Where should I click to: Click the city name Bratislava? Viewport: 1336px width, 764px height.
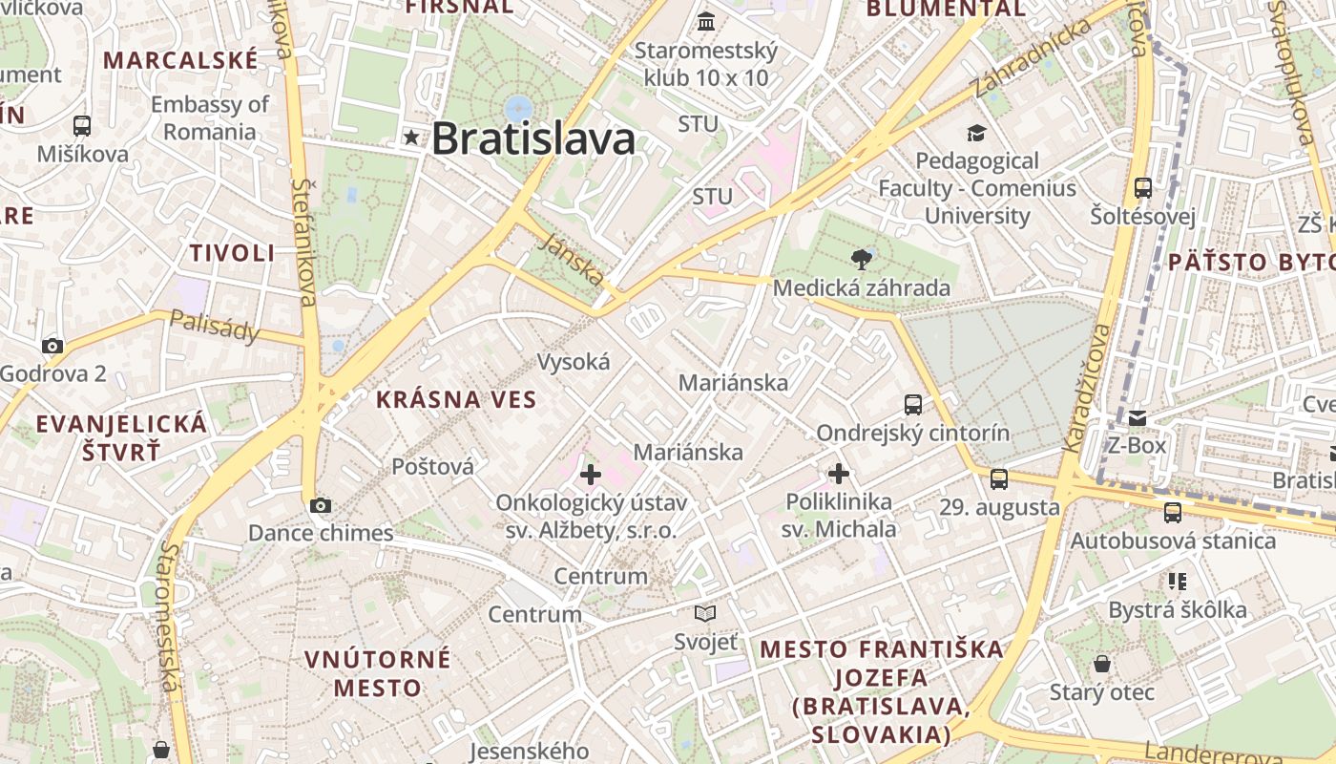[532, 139]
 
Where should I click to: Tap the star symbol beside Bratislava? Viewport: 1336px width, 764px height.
[411, 138]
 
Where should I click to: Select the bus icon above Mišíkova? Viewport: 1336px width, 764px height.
[82, 125]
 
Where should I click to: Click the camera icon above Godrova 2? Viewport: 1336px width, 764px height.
[52, 346]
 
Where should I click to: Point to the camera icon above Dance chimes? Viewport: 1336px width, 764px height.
[321, 505]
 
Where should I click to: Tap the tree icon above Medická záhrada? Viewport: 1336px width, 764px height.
[862, 258]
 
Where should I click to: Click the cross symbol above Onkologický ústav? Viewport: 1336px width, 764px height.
[591, 474]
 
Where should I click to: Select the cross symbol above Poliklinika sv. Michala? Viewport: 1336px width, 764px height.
[839, 473]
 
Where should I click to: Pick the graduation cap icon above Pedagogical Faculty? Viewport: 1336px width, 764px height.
[976, 133]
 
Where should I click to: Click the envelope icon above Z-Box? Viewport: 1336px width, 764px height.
[1138, 417]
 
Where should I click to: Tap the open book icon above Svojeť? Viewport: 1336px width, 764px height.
[705, 613]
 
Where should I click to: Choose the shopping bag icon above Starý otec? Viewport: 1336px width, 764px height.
[1102, 664]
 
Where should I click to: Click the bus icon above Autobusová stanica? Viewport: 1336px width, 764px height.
[1173, 513]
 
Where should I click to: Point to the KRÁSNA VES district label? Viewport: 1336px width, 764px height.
[456, 399]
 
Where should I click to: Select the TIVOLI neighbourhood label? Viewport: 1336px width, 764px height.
[232, 253]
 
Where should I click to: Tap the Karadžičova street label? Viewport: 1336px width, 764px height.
[1087, 388]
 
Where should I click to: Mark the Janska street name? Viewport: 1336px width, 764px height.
[571, 260]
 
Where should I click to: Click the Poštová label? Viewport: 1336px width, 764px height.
[432, 466]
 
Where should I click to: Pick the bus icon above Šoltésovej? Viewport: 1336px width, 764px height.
[1143, 187]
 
